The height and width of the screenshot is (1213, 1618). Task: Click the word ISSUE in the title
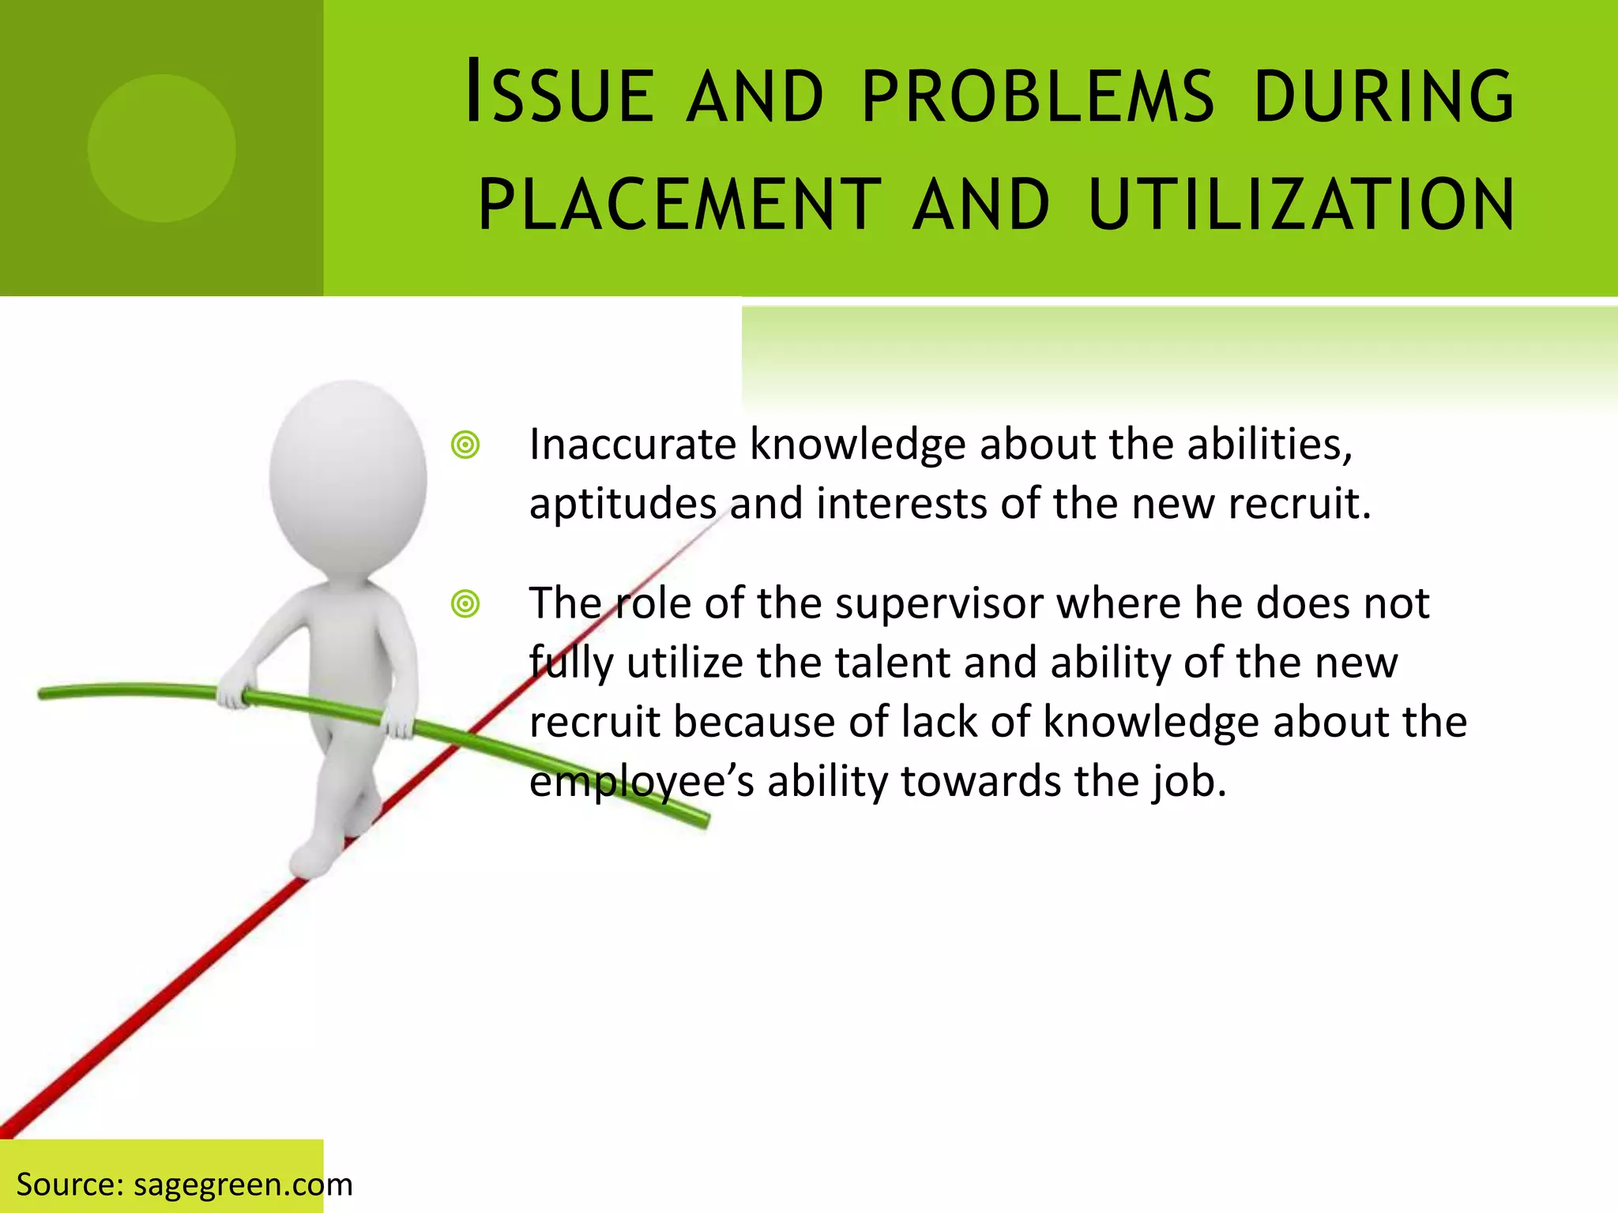(559, 95)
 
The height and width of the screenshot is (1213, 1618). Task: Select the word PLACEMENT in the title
(679, 205)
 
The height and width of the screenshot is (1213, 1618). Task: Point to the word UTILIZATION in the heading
(1301, 205)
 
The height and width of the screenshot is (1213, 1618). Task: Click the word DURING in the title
(1383, 96)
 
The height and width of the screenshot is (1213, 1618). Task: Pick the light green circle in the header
(162, 148)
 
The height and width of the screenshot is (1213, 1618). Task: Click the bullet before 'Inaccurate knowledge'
(465, 445)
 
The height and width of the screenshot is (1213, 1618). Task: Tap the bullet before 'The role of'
(465, 605)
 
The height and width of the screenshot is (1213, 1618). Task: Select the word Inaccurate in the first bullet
(632, 444)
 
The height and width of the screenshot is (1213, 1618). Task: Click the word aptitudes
(622, 504)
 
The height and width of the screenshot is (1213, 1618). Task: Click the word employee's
(641, 782)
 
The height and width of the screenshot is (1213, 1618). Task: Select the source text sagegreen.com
(243, 1185)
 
